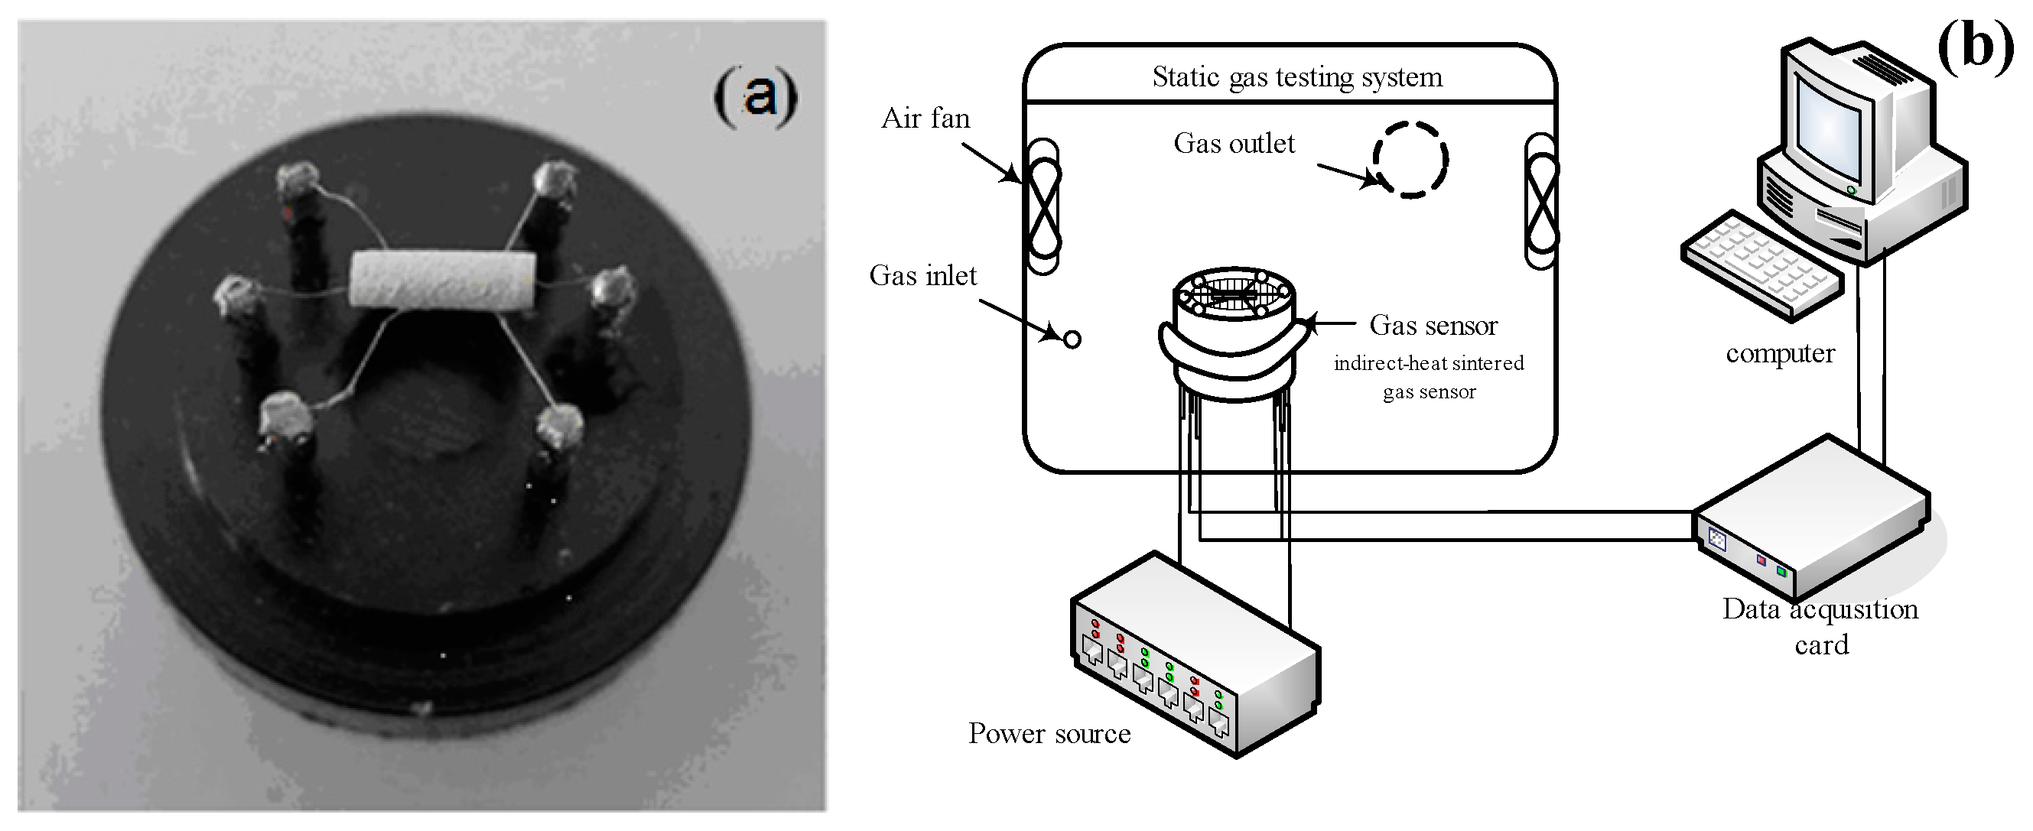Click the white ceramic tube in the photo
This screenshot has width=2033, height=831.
click(x=442, y=280)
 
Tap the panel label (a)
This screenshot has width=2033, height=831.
click(x=755, y=96)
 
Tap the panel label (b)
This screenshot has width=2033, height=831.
click(x=1975, y=46)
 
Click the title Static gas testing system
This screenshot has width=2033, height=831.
click(x=1296, y=77)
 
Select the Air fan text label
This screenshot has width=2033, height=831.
click(x=925, y=118)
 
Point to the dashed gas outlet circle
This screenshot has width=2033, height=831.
click(x=1410, y=161)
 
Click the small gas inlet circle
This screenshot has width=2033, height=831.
click(x=1072, y=340)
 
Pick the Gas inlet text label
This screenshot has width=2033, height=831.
click(x=922, y=275)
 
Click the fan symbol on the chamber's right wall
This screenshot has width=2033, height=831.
click(x=1540, y=201)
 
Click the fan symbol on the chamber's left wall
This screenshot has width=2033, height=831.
click(x=1043, y=206)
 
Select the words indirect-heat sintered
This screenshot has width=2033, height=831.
click(x=1429, y=364)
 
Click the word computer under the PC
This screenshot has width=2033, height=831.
click(x=1780, y=353)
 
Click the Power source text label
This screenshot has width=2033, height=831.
click(x=1049, y=734)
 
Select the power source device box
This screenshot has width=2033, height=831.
click(x=1193, y=655)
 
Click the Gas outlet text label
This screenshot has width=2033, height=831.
click(x=1234, y=144)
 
